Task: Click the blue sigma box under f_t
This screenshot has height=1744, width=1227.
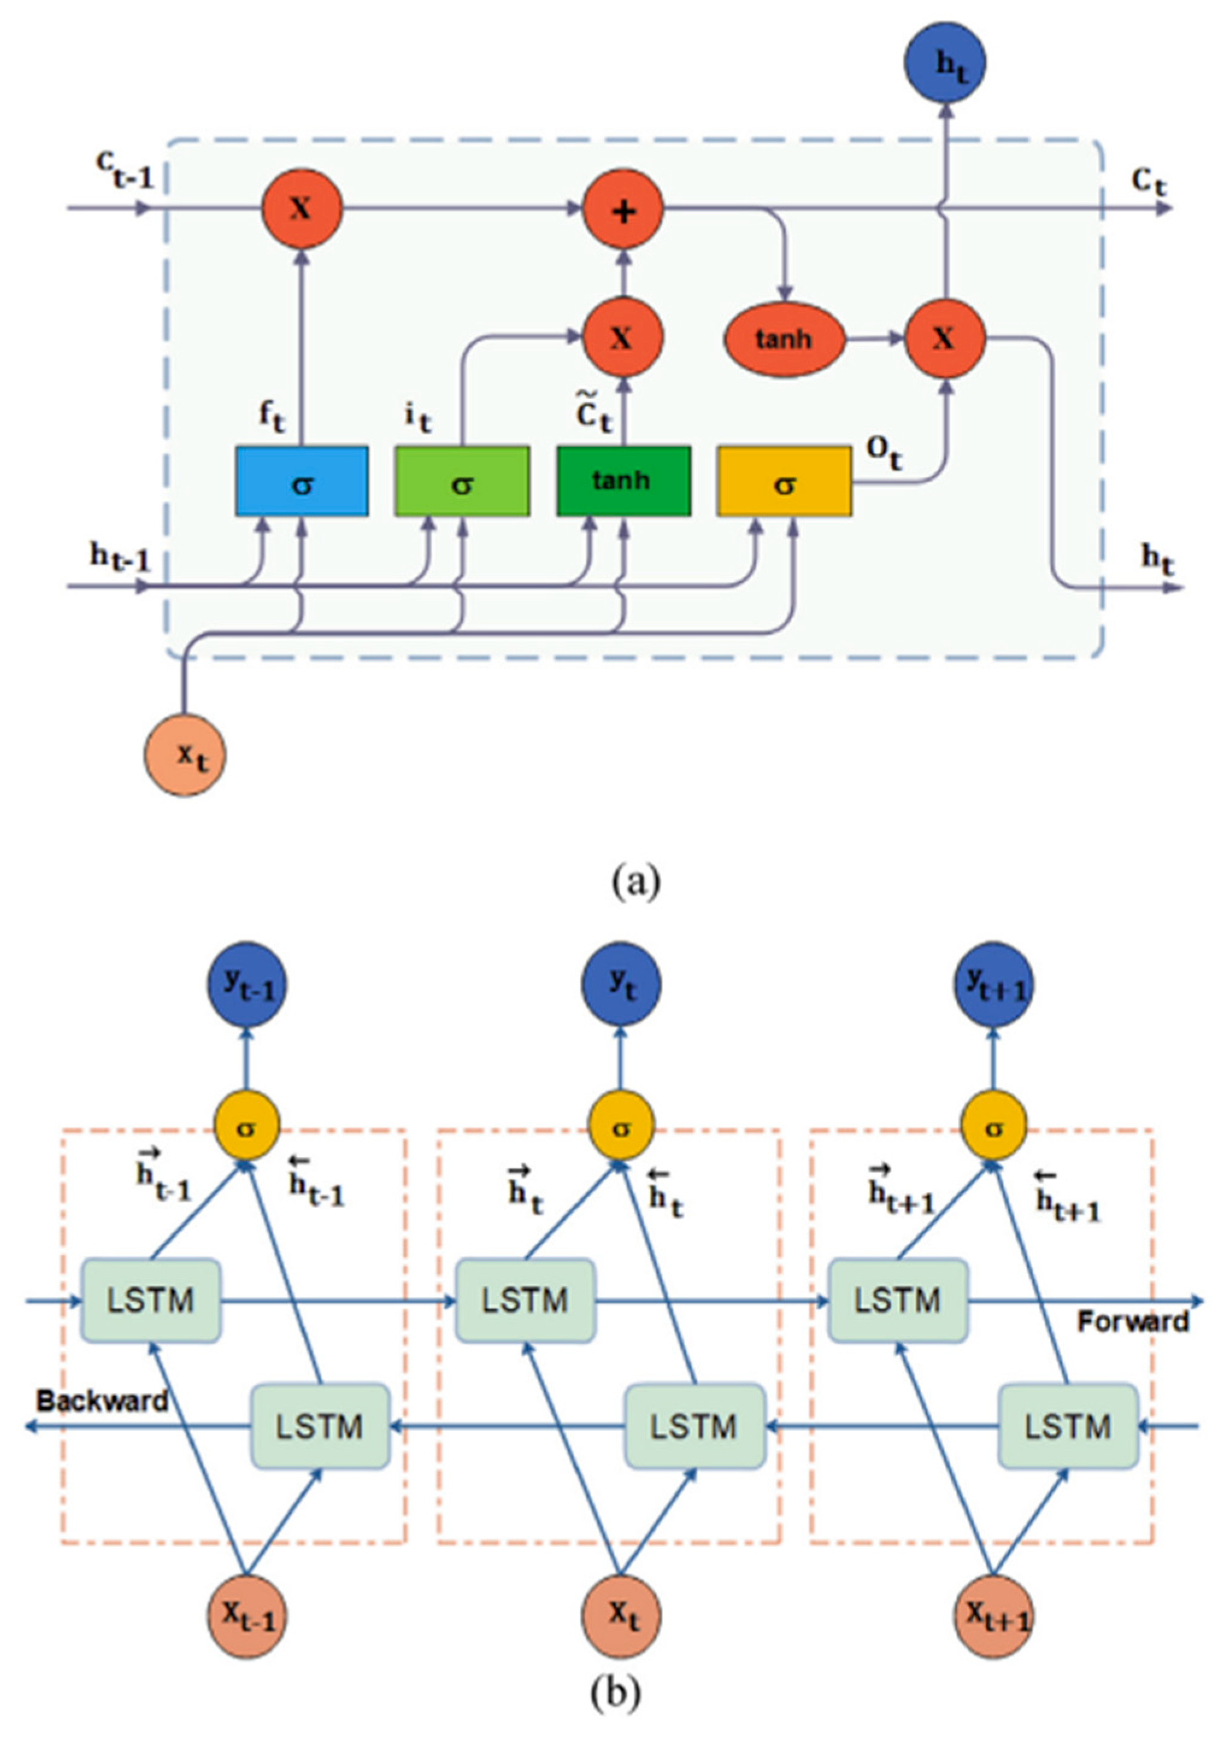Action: (301, 481)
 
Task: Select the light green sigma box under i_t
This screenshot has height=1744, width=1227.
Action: (461, 481)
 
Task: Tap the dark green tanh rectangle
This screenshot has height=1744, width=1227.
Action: (623, 481)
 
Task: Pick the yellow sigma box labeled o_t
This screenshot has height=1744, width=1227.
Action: (784, 481)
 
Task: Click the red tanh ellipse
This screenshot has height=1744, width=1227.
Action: (784, 339)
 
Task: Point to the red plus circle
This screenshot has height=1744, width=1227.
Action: (623, 210)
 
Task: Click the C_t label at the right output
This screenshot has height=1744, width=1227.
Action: (1148, 183)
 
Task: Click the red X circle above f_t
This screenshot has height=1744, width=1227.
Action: (301, 208)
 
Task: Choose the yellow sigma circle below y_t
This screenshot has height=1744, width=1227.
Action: (621, 1128)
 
